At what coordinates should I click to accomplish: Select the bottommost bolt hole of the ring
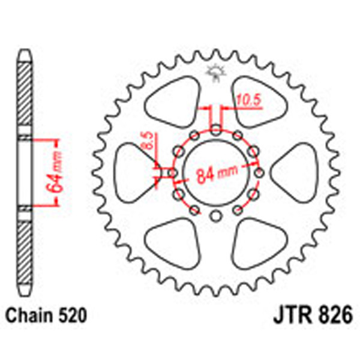pos(216,216)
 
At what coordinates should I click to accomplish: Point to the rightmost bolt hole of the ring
pos(259,173)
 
